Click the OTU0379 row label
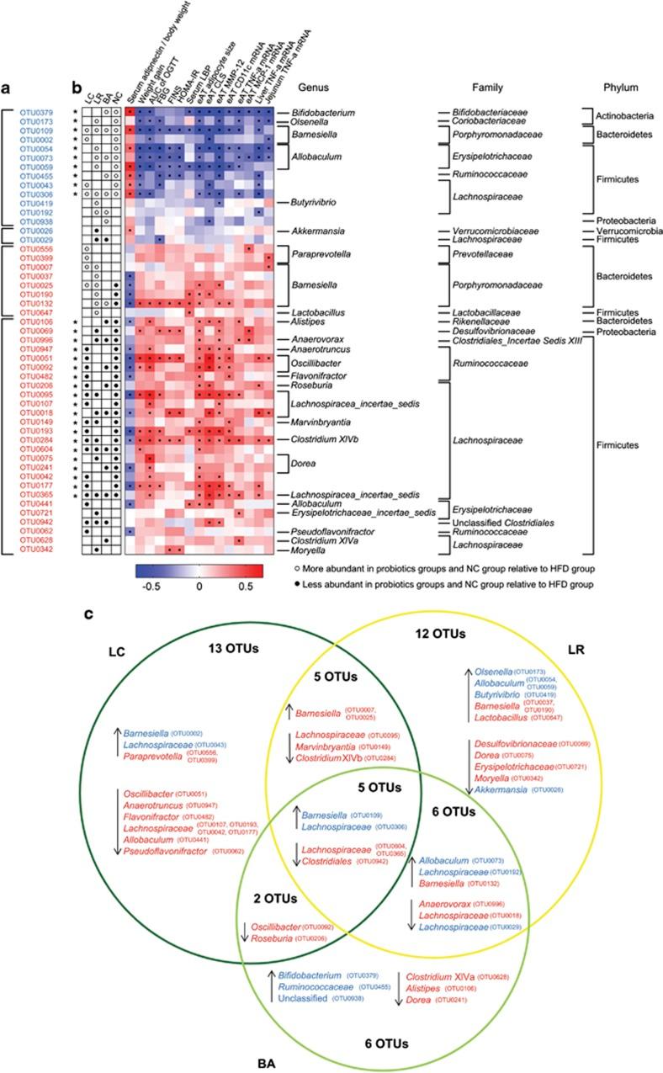[x=36, y=112]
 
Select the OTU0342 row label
[x=36, y=551]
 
